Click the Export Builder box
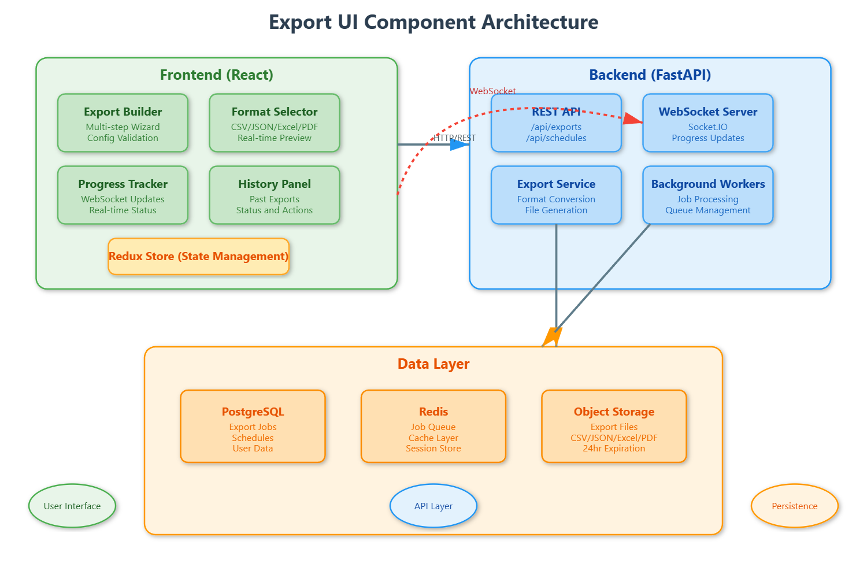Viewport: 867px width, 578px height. coord(123,123)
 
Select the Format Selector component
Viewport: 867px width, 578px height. coord(274,123)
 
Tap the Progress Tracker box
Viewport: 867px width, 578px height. coord(123,195)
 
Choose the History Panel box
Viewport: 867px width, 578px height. coord(274,195)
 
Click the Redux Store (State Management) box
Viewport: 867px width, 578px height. coord(198,257)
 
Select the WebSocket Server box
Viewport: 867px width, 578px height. coord(707,123)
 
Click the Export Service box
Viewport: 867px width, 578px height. coord(556,195)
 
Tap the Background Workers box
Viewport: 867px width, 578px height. coord(707,195)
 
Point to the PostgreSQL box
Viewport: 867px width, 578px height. coord(253,427)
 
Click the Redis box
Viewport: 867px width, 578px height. coord(433,427)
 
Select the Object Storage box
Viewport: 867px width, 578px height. coord(614,427)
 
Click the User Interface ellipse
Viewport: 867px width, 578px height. coord(72,506)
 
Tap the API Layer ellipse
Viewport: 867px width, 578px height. coord(433,506)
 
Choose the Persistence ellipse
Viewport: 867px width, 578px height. coord(794,506)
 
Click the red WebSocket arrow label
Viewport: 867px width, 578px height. coord(492,91)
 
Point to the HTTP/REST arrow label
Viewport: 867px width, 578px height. coord(455,138)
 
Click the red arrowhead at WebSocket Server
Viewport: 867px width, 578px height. coord(634,119)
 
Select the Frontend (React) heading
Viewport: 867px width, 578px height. coord(216,75)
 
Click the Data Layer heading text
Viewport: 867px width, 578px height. coord(433,364)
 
